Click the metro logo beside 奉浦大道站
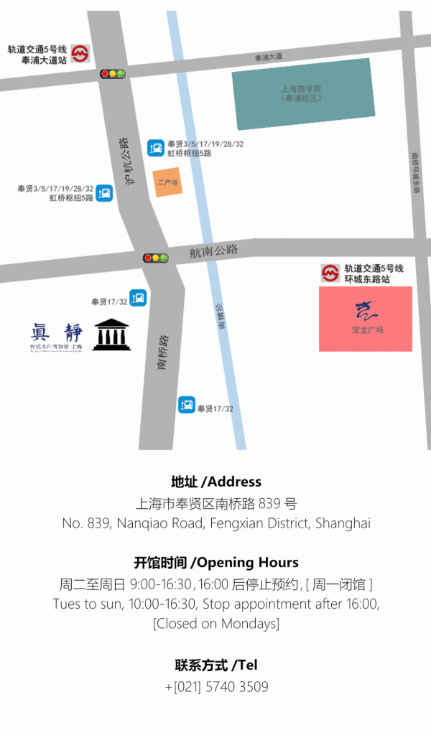[x=80, y=54]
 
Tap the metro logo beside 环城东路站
[x=330, y=273]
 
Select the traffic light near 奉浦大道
[x=112, y=74]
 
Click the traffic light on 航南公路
[x=155, y=258]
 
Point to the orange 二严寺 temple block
[x=167, y=182]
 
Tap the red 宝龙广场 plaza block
[x=366, y=319]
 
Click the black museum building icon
[x=112, y=334]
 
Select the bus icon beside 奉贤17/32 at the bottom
[x=187, y=405]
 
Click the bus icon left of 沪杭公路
[x=104, y=192]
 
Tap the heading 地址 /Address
[x=216, y=482]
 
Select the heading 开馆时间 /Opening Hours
[x=216, y=562]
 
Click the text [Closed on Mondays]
[x=216, y=623]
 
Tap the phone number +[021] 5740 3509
[x=216, y=687]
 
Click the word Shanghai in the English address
[x=343, y=523]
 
